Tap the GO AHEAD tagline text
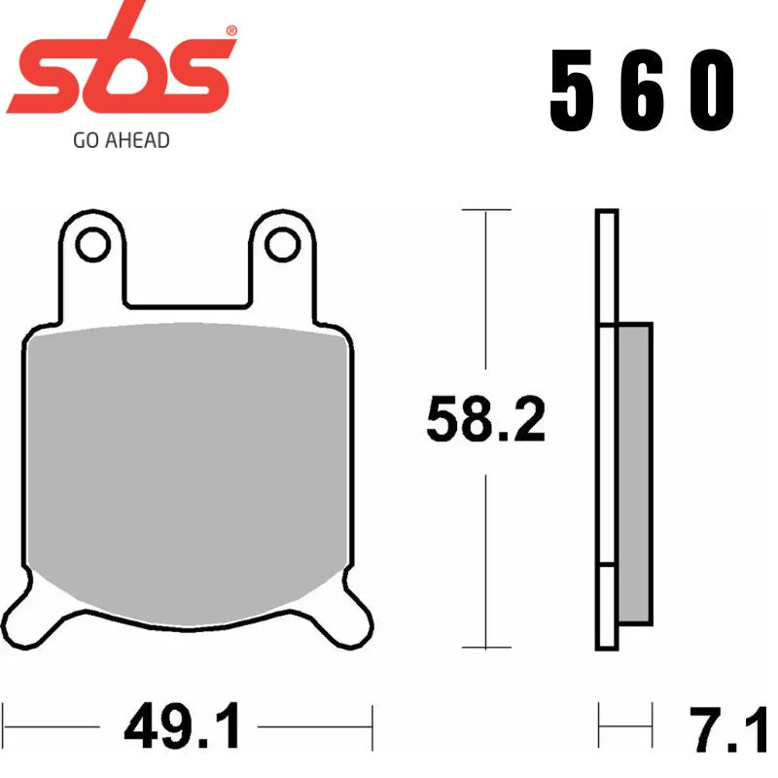pos(121,140)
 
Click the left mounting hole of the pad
pos(92,244)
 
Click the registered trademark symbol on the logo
pos(231,31)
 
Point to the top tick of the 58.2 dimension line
pos(485,210)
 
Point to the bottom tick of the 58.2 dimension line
pos(485,648)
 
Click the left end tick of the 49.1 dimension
pos(3,725)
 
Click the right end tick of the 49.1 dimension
pos(372,725)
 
